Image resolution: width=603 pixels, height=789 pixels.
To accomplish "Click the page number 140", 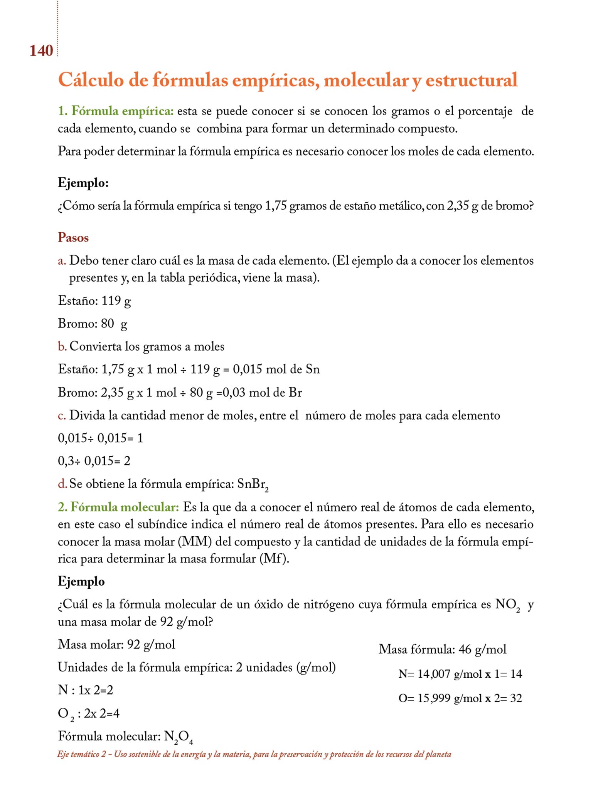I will pyautogui.click(x=41, y=50).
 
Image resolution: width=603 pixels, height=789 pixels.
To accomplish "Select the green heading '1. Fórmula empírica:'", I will pyautogui.click(x=116, y=111).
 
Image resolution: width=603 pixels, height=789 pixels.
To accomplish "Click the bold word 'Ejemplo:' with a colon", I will pyautogui.click(x=83, y=182).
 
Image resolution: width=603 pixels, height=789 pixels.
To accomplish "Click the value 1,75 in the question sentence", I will pyautogui.click(x=275, y=206).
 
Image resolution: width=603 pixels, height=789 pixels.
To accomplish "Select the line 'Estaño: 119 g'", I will pyautogui.click(x=94, y=300).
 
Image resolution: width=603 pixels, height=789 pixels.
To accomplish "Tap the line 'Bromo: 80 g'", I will pyautogui.click(x=93, y=323).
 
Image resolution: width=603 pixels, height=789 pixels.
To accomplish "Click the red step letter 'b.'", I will pyautogui.click(x=62, y=346).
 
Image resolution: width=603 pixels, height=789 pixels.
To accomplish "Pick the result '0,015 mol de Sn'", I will pyautogui.click(x=276, y=369).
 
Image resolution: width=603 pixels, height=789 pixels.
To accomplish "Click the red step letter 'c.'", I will pyautogui.click(x=62, y=415).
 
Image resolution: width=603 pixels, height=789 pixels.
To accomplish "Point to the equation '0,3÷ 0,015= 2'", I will pyautogui.click(x=94, y=461).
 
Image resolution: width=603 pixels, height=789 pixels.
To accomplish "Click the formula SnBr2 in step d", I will pyautogui.click(x=253, y=484).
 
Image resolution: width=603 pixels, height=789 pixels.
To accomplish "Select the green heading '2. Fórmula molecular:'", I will pyautogui.click(x=118, y=507).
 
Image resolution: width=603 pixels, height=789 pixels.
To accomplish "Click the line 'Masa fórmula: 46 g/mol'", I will pyautogui.click(x=442, y=649).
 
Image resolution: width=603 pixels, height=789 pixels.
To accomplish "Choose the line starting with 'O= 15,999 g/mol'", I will pyautogui.click(x=460, y=698).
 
